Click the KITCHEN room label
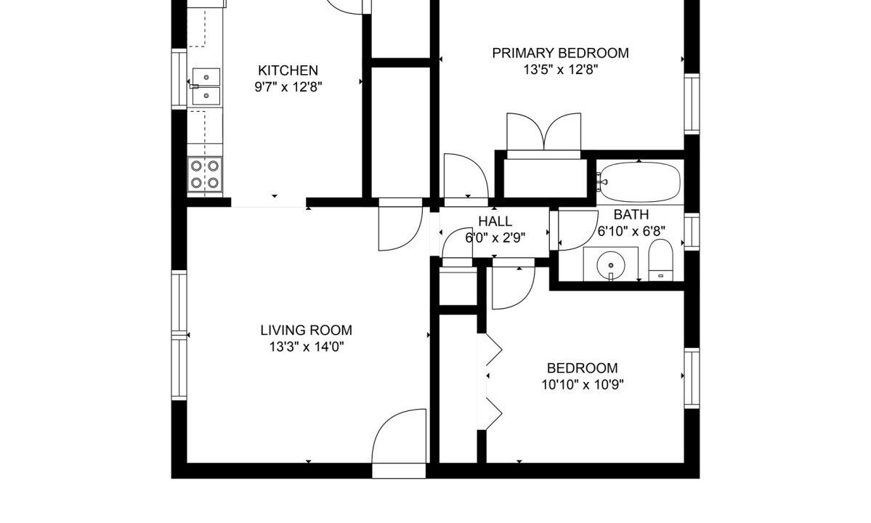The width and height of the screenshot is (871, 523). pyautogui.click(x=288, y=70)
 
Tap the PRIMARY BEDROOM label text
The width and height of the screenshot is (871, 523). pyautogui.click(x=561, y=53)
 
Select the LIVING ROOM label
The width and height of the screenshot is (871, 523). pyautogui.click(x=306, y=331)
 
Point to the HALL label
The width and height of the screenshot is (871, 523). pyautogui.click(x=495, y=222)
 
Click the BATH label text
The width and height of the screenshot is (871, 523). pyautogui.click(x=631, y=215)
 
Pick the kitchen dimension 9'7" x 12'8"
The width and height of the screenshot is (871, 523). pyautogui.click(x=288, y=87)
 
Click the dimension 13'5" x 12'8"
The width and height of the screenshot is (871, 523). pyautogui.click(x=561, y=70)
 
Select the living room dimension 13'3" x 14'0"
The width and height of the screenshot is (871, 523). pyautogui.click(x=306, y=347)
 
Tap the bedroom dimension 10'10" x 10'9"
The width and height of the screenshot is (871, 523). pyautogui.click(x=582, y=385)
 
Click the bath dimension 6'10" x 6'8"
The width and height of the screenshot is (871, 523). pyautogui.click(x=631, y=231)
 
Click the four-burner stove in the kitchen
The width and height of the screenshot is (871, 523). pyautogui.click(x=205, y=174)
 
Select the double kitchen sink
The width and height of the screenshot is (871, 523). pyautogui.click(x=206, y=86)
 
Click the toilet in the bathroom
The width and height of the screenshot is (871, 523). pyautogui.click(x=660, y=260)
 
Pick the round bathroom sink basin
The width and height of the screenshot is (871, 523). pyautogui.click(x=610, y=264)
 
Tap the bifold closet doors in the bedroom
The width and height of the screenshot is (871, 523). pyautogui.click(x=494, y=382)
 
